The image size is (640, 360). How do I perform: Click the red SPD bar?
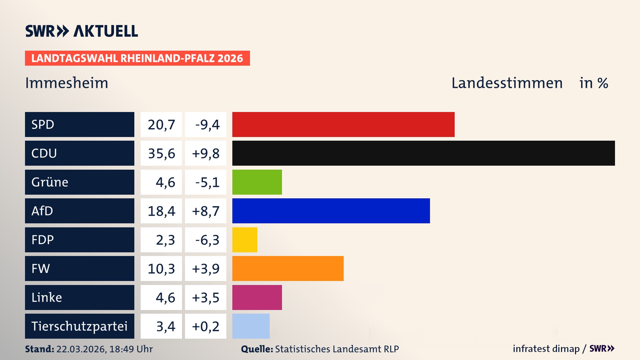pyautogui.click(x=343, y=124)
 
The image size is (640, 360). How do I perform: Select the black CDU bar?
pyautogui.click(x=423, y=153)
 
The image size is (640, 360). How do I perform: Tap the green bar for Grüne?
pyautogui.click(x=257, y=182)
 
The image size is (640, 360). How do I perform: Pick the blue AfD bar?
pyautogui.click(x=331, y=211)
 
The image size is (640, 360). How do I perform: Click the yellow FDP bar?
pyautogui.click(x=245, y=240)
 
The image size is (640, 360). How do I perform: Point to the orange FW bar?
pyautogui.click(x=288, y=268)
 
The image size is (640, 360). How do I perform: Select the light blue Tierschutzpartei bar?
pyautogui.click(x=251, y=326)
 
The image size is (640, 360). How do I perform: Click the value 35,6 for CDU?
pyautogui.click(x=161, y=153)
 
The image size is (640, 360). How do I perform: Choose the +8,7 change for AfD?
pyautogui.click(x=206, y=211)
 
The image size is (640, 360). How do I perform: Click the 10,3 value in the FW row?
pyautogui.click(x=161, y=268)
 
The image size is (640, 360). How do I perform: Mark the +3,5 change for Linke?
pyautogui.click(x=206, y=297)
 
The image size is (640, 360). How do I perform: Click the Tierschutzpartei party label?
pyautogui.click(x=79, y=326)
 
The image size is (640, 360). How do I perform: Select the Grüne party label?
pyautogui.click(x=50, y=182)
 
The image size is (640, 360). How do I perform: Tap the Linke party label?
pyautogui.click(x=47, y=297)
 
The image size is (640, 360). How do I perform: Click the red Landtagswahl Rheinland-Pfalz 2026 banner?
pyautogui.click(x=137, y=58)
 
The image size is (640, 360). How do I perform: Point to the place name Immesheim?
pyautogui.click(x=67, y=83)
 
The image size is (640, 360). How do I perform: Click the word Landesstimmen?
pyautogui.click(x=507, y=83)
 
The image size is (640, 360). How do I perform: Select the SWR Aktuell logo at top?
pyautogui.click(x=81, y=31)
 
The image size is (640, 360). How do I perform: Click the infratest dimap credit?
pyautogui.click(x=546, y=349)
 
